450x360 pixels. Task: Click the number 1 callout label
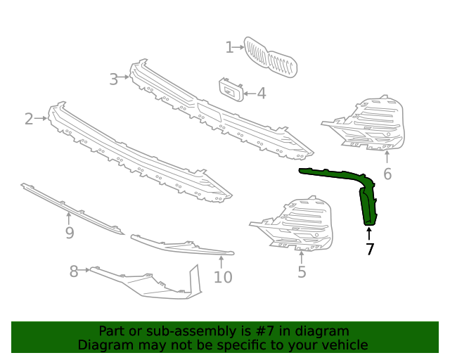coord(229,47)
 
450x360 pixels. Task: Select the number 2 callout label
coord(29,119)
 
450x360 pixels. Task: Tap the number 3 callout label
coord(113,79)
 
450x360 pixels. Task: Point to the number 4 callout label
coord(261,93)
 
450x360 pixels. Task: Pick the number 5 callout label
coord(302,272)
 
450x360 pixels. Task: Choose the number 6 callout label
coord(387,174)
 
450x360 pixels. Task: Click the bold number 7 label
coord(370,249)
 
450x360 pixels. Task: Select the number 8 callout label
coord(74,271)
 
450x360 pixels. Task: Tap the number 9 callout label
coord(69,233)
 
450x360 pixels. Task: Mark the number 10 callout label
coord(222,277)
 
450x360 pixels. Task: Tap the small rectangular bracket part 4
coord(231,90)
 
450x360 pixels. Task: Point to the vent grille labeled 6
coord(369,125)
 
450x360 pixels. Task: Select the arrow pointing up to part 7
coord(369,233)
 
